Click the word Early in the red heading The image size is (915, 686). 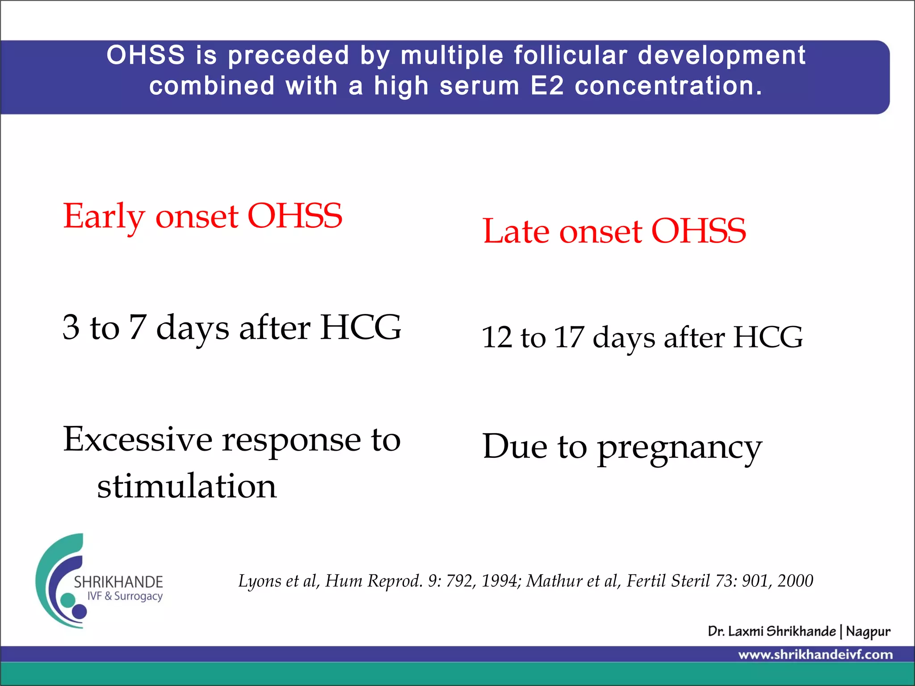pos(104,217)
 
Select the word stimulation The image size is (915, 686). pos(187,486)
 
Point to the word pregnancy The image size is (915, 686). pos(679,448)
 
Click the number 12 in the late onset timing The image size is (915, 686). pos(497,337)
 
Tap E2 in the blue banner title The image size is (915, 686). pos(547,86)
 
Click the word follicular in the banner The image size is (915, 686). pos(570,55)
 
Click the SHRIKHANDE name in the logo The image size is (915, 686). pos(118,582)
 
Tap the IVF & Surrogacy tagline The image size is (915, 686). pos(125,596)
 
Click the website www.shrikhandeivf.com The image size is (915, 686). pos(815,655)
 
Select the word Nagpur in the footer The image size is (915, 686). pos(868,632)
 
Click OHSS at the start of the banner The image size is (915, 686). pos(146,55)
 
